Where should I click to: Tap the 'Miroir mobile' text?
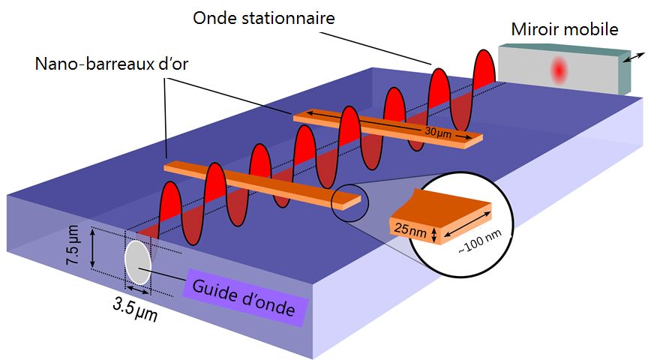(x=565, y=30)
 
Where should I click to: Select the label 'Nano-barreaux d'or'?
(x=112, y=64)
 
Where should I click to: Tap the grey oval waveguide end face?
(x=137, y=262)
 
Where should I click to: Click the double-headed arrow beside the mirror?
(x=634, y=56)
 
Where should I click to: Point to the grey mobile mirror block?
(x=559, y=70)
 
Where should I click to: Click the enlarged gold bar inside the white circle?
(x=442, y=217)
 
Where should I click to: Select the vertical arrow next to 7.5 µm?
(x=93, y=250)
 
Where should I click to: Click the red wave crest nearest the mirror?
(x=484, y=64)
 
